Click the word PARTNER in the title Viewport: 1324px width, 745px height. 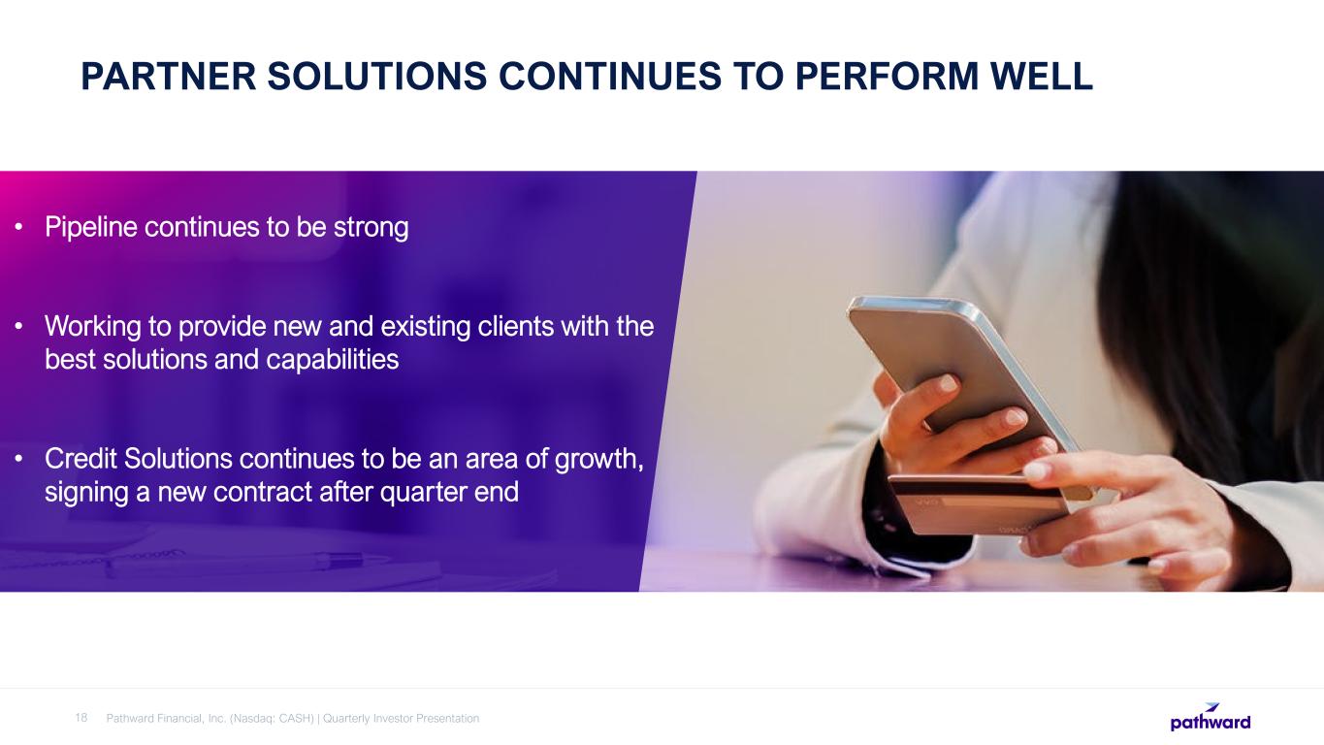(x=169, y=77)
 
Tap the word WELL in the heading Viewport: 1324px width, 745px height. (x=1042, y=77)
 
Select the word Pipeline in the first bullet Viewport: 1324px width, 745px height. (x=91, y=228)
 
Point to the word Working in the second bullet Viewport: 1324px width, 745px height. (x=93, y=327)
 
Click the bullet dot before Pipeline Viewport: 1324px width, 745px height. (x=19, y=226)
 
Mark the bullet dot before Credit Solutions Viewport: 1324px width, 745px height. (x=19, y=458)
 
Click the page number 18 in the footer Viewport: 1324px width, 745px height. (x=81, y=718)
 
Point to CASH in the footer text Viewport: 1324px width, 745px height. (x=296, y=719)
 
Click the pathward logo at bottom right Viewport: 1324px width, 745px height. (x=1211, y=717)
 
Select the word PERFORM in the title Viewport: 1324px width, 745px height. (x=887, y=77)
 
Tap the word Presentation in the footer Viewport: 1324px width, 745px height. (x=447, y=719)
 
